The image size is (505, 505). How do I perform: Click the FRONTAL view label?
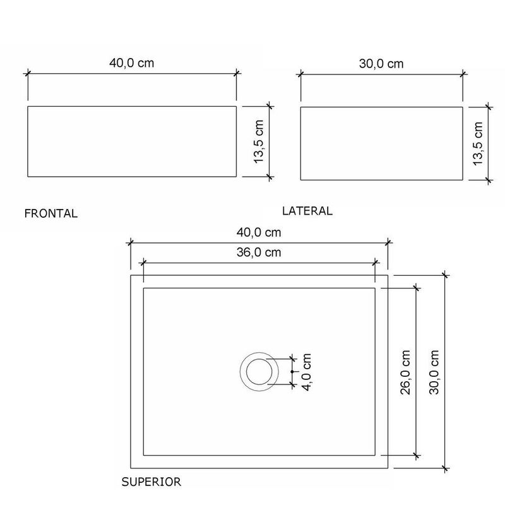pyautogui.click(x=51, y=213)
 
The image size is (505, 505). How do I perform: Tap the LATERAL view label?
pyautogui.click(x=307, y=211)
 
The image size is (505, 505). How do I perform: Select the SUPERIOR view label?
pyautogui.click(x=151, y=482)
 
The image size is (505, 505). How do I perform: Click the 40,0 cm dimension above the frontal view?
pyautogui.click(x=132, y=62)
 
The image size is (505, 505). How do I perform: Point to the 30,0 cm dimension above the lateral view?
pyautogui.click(x=381, y=64)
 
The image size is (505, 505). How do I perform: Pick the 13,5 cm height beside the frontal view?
pyautogui.click(x=259, y=141)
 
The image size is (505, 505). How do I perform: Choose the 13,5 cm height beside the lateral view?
pyautogui.click(x=478, y=144)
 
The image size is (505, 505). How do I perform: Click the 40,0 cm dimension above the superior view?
pyautogui.click(x=259, y=232)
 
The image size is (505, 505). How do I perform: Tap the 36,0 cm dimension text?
pyautogui.click(x=259, y=252)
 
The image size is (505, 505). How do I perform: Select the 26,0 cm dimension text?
pyautogui.click(x=405, y=372)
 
